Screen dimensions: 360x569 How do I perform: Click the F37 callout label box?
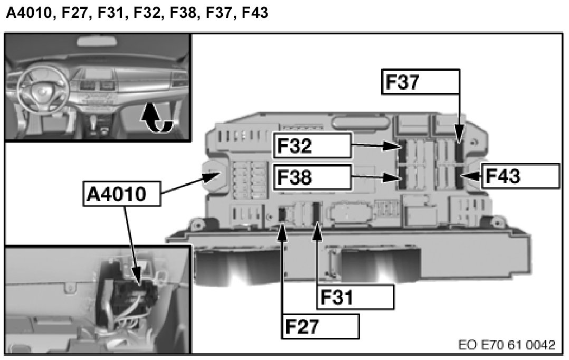click(x=420, y=81)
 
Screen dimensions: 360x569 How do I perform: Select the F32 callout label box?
click(x=312, y=145)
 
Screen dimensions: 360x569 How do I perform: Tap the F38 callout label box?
click(x=312, y=177)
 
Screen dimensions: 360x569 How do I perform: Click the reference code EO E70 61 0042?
click(x=506, y=345)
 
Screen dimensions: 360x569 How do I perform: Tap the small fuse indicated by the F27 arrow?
click(x=282, y=213)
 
